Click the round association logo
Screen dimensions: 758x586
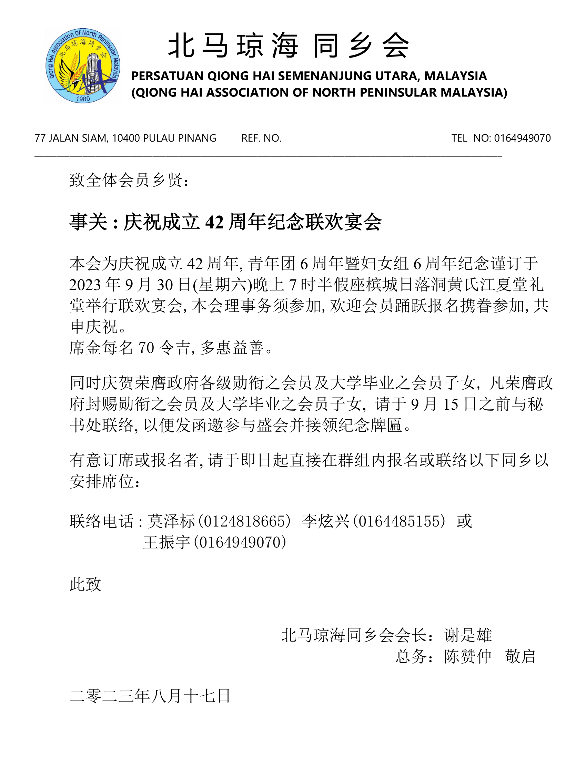pos(83,66)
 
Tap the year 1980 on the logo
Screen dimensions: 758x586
pos(83,99)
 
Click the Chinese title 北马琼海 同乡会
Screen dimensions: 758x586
pos(289,46)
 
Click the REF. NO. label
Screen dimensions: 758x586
pos(261,138)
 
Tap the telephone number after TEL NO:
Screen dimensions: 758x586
pos(522,138)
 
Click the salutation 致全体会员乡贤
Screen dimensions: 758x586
pos(129,180)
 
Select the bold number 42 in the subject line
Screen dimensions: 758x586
pos(214,222)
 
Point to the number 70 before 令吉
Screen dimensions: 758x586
pos(146,348)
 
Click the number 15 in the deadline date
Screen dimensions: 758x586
pos(451,404)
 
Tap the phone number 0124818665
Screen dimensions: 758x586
pos(244,521)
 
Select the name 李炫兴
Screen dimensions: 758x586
pos(326,521)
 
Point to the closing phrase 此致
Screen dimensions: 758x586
pos(85,584)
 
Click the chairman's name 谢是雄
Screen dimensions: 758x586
pos(468,635)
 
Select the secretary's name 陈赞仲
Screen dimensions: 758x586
pos(468,656)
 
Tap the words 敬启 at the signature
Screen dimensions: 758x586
pos(520,656)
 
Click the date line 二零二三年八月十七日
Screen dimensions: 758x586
pos(150,696)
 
